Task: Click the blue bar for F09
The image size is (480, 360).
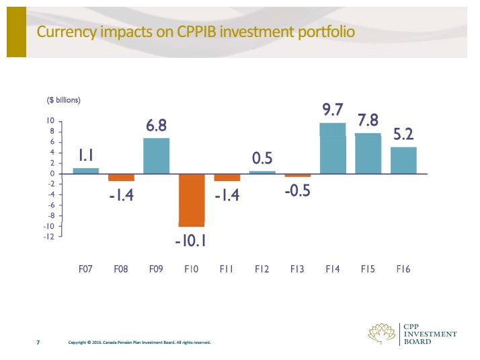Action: [156, 155]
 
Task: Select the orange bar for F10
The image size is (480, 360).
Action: [192, 200]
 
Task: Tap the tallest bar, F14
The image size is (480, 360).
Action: [333, 148]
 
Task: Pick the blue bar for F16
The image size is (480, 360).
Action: [403, 160]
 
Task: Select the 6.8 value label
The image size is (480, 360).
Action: [157, 125]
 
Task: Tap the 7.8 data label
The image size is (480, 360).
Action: [368, 120]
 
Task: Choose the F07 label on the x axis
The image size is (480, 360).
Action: [85, 269]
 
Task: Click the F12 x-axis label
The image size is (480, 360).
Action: [262, 269]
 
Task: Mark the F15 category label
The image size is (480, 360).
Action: [368, 269]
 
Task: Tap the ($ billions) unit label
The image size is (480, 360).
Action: [63, 100]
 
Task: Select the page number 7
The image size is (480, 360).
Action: [38, 343]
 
